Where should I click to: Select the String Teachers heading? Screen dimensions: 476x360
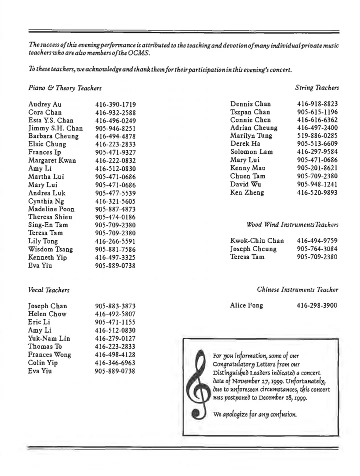(317, 88)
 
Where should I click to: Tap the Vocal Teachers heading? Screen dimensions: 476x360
(48, 290)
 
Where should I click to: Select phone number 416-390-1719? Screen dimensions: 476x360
(115, 105)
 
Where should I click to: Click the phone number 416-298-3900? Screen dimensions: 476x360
(317, 305)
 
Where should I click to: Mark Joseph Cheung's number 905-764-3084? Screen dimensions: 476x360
(317, 249)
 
